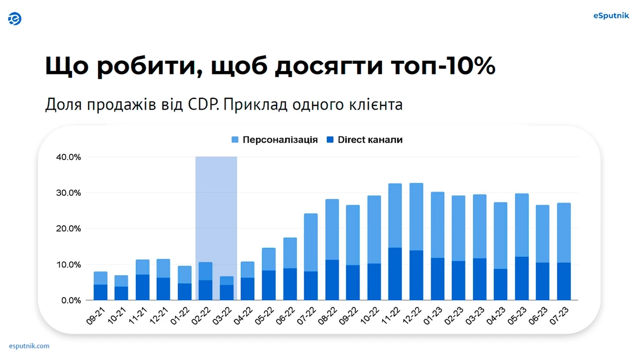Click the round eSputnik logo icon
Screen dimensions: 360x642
[x=15, y=19]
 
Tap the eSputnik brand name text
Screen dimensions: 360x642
[x=611, y=16]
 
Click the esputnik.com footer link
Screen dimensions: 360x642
[x=29, y=346]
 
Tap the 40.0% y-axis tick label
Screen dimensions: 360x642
[x=68, y=157]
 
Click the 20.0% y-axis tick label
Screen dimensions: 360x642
[x=68, y=229]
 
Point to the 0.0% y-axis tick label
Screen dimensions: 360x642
[x=71, y=300]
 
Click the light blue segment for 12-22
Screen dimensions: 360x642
[x=416, y=216]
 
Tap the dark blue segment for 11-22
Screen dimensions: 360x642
[x=395, y=274]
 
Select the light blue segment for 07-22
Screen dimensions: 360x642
[x=311, y=242]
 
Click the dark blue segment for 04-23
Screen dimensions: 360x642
[x=500, y=285]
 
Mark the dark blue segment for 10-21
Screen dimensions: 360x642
[x=121, y=293]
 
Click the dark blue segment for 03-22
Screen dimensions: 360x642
[x=226, y=292]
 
